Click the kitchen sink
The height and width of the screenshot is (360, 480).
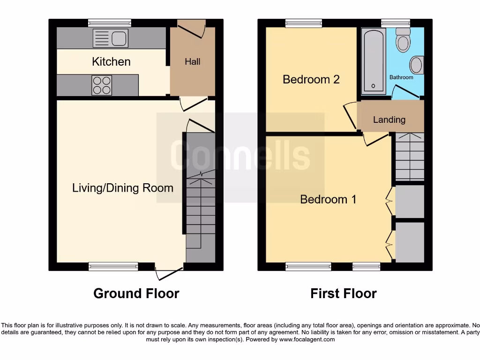[111, 37]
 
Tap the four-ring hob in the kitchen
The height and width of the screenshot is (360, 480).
[102, 85]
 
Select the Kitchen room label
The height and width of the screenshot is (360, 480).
[111, 61]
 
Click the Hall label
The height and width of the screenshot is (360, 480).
[192, 61]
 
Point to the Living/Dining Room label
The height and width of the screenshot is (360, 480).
[123, 188]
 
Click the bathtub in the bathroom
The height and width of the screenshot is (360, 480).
[374, 60]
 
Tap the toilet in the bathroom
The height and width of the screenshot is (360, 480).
[402, 41]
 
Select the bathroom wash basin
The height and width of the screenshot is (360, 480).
[416, 65]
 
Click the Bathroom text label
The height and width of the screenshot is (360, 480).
[401, 77]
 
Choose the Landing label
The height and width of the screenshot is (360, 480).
[389, 120]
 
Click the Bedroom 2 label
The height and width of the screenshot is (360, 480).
[311, 79]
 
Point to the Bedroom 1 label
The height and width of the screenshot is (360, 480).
[328, 199]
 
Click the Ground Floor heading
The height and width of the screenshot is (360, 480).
[136, 293]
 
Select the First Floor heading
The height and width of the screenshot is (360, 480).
[343, 293]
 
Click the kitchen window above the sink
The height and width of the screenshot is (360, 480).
[110, 22]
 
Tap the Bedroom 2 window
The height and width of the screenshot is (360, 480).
[304, 22]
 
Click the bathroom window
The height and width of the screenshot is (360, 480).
[396, 22]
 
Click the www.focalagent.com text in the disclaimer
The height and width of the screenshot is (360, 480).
[307, 339]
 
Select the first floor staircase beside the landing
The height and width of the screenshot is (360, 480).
[410, 157]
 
